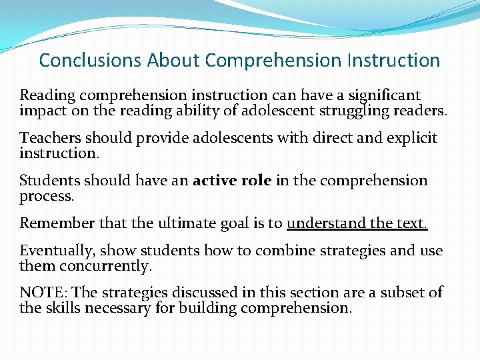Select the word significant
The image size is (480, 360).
point(385,96)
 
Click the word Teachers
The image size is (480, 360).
point(50,138)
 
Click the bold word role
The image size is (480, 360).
point(256,181)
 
